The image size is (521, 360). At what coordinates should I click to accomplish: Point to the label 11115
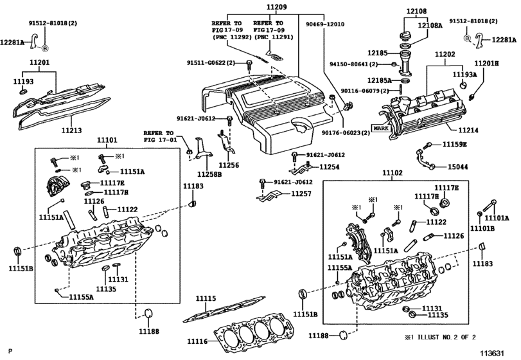tap(206, 299)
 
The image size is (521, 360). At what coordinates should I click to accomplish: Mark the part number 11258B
tap(209, 174)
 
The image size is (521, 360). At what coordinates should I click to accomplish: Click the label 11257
tap(300, 193)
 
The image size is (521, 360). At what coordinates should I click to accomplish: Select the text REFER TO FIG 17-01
tap(159, 136)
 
